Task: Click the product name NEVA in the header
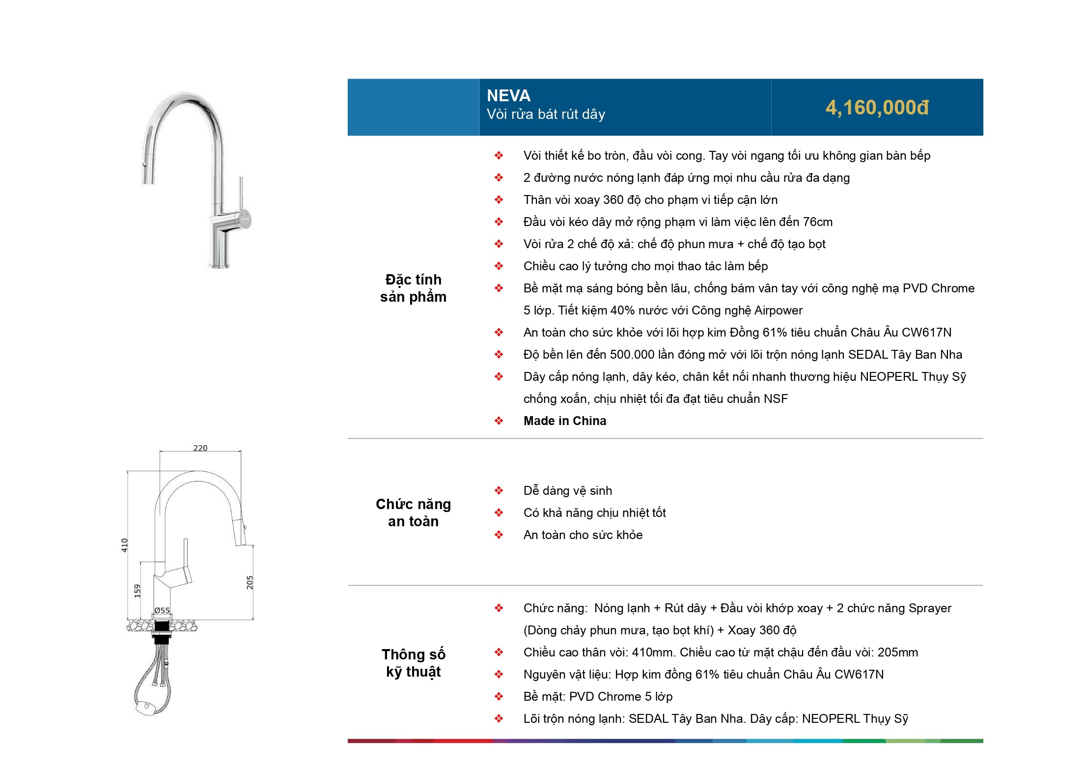click(508, 95)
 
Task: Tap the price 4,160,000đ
click(877, 108)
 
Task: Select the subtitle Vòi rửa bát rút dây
click(546, 114)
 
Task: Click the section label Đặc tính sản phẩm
click(413, 288)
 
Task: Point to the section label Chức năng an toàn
click(413, 512)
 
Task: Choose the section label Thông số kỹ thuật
click(413, 663)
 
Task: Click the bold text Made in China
click(565, 421)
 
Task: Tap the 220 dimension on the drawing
click(200, 448)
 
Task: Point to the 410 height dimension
click(125, 545)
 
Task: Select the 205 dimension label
click(250, 582)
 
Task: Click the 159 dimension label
click(138, 591)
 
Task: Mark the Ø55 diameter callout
click(162, 611)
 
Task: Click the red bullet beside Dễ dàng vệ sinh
click(499, 490)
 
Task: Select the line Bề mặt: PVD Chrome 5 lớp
click(598, 697)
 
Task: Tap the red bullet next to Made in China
click(499, 421)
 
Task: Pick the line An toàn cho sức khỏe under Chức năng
click(583, 535)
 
